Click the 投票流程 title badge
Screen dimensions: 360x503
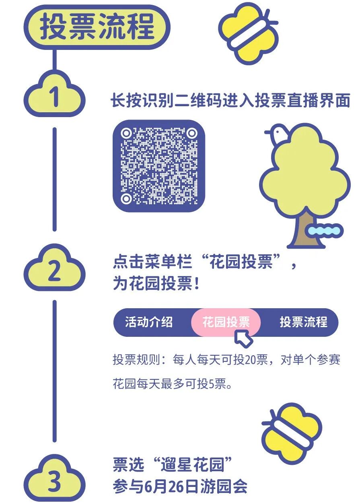point(97,27)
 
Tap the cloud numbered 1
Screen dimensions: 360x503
point(54,97)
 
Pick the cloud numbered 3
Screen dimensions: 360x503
point(54,481)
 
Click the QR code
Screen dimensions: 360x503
point(159,165)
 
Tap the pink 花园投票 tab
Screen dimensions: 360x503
point(226,322)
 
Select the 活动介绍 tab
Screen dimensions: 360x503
point(149,322)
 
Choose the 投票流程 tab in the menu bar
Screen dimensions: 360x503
point(303,322)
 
